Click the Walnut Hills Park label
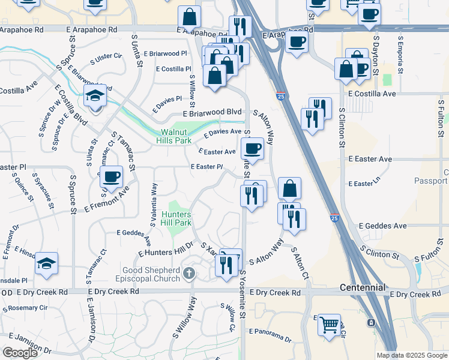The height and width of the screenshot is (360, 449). [x=176, y=136]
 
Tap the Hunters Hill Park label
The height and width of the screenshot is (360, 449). [x=176, y=218]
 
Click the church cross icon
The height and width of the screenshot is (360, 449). [x=190, y=274]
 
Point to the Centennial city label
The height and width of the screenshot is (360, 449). [x=362, y=287]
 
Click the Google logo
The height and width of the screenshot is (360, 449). [x=20, y=353]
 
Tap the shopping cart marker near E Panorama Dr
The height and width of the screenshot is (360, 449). [x=329, y=325]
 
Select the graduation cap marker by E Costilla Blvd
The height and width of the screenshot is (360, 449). [x=95, y=96]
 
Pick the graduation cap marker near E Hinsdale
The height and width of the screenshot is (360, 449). [x=46, y=263]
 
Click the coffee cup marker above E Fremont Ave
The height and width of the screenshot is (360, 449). [x=111, y=176]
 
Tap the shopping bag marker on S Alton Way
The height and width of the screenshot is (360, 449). [x=289, y=188]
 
